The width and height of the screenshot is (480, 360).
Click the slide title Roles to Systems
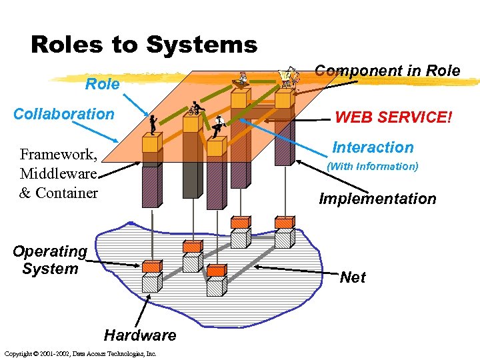coord(143,45)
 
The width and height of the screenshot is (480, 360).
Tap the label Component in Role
coord(387,71)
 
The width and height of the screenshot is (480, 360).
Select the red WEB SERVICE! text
coord(393,117)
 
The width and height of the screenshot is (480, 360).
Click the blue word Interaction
coord(373,147)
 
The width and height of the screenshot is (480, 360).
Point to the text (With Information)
coord(372,167)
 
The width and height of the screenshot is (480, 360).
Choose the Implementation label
coord(377,199)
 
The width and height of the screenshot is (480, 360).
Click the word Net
coord(352,277)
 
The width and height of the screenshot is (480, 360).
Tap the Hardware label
coord(140,335)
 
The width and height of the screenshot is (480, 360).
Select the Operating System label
coord(50,260)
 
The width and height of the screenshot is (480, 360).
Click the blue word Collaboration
coord(64,114)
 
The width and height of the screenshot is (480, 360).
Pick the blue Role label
coord(103,84)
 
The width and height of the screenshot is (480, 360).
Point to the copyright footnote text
coord(79,353)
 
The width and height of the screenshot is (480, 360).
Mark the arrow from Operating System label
coord(113,263)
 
